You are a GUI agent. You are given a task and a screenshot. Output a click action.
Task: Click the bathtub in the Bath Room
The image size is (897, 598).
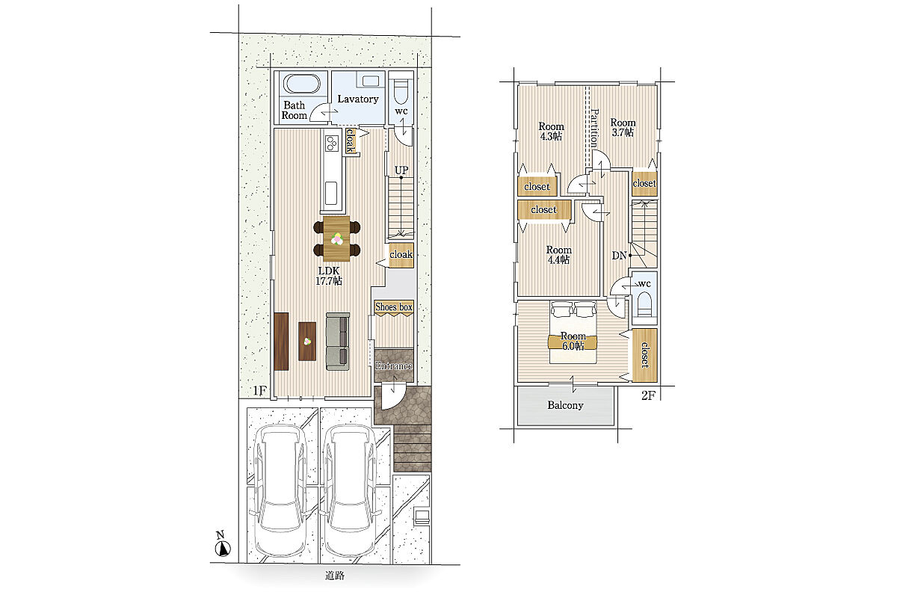302,84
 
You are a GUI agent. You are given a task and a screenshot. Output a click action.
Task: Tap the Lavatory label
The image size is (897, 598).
357,99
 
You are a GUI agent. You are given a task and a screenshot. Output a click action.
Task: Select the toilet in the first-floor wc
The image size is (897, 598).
401,91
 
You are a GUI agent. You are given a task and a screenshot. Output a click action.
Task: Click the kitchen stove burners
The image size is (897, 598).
332,143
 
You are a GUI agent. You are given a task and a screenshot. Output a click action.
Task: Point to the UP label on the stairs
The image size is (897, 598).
401,170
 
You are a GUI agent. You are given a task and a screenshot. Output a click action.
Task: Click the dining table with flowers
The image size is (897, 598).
337,238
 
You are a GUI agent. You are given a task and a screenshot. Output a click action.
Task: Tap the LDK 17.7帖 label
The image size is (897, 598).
329,276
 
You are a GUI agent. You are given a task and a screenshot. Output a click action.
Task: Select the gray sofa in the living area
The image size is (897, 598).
338,342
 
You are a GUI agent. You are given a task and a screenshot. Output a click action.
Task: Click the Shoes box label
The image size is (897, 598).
394,306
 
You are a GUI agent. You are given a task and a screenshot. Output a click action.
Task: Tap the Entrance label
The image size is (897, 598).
394,366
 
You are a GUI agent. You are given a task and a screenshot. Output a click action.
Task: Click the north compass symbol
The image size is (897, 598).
223,549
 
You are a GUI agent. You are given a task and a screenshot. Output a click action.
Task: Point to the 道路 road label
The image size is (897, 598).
334,576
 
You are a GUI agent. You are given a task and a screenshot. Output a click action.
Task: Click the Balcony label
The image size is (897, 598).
565,405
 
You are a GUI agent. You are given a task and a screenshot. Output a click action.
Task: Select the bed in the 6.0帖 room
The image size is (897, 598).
573,332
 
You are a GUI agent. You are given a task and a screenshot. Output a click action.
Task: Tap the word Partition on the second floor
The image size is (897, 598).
595,128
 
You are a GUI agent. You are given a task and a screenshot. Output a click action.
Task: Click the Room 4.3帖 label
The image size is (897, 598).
551,132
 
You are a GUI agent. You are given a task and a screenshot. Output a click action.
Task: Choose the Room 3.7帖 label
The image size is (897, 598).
623,127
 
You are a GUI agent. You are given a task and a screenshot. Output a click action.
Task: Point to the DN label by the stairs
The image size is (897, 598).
619,256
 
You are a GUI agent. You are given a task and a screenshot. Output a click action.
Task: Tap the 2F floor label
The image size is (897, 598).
648,395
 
